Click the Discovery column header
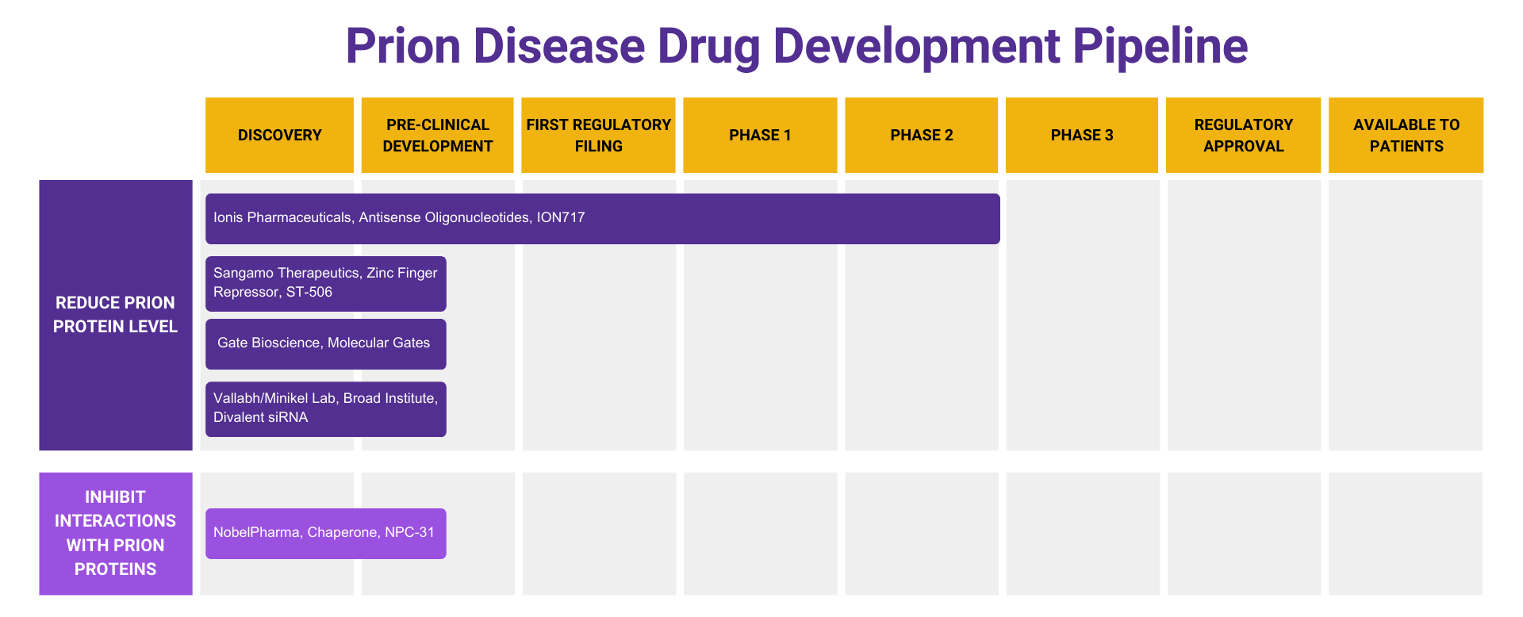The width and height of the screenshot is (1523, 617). (x=279, y=135)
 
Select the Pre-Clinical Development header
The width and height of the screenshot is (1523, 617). (x=437, y=135)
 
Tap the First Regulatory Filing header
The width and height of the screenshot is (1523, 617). (x=598, y=135)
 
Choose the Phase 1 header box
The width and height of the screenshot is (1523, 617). (x=760, y=135)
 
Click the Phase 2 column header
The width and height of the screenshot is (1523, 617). (x=921, y=135)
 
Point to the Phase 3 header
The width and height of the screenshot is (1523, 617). (x=1081, y=135)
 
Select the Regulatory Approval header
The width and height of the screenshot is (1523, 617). (x=1243, y=135)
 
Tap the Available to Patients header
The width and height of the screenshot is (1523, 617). (x=1406, y=135)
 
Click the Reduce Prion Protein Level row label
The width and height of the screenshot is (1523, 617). (x=116, y=315)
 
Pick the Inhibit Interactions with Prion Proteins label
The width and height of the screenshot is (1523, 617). (x=116, y=533)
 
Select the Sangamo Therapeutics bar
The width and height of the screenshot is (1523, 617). (x=325, y=283)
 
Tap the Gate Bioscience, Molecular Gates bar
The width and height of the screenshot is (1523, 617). (x=325, y=343)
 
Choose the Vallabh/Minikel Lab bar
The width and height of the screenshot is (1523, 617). (x=325, y=408)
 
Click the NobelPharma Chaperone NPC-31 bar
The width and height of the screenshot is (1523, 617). (x=325, y=533)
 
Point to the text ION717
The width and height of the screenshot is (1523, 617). (x=560, y=217)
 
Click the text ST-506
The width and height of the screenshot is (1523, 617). (x=309, y=292)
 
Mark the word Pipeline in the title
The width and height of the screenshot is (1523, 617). (x=1160, y=46)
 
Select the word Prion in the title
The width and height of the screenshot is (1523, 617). (x=403, y=46)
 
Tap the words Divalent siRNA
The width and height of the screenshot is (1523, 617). (x=260, y=417)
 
